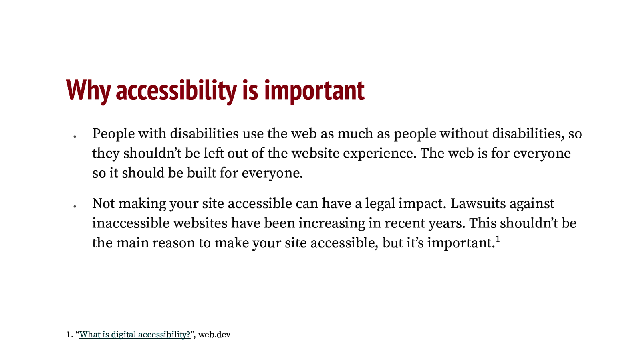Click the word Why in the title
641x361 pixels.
pyautogui.click(x=88, y=90)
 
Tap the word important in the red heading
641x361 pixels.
pyautogui.click(x=314, y=91)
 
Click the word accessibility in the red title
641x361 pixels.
pyautogui.click(x=176, y=91)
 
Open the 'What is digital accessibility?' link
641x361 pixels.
pyautogui.click(x=135, y=335)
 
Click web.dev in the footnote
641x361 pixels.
pyautogui.click(x=214, y=335)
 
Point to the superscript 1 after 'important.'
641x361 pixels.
pyautogui.click(x=498, y=239)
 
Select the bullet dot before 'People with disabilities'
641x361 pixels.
pyautogui.click(x=75, y=136)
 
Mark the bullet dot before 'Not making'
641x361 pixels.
pyautogui.click(x=75, y=206)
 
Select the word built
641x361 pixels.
pyautogui.click(x=201, y=173)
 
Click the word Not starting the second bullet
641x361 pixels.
pyautogui.click(x=103, y=203)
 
